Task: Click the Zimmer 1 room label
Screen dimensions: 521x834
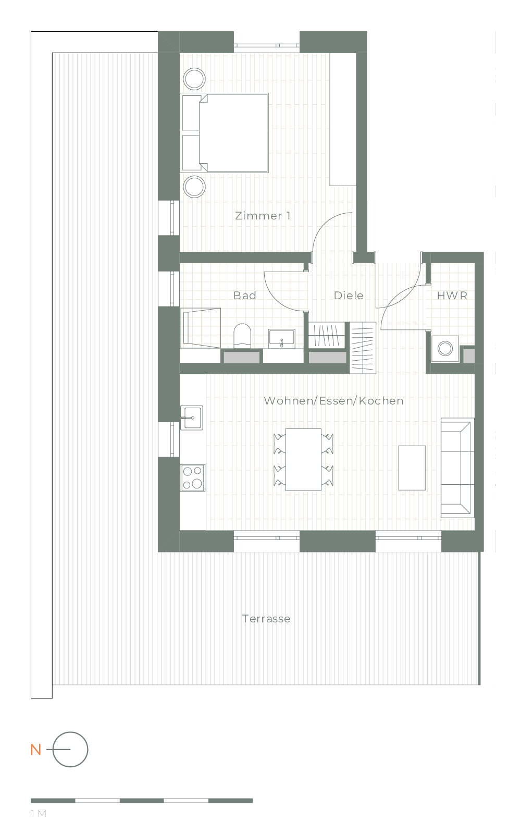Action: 263,216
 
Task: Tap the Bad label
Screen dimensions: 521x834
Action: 244,296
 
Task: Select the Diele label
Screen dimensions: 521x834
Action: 349,296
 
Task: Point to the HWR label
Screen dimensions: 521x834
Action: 452,296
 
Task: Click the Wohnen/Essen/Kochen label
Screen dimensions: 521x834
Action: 333,401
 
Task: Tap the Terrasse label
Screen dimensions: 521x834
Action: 266,619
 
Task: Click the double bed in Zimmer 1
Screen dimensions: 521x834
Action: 225,133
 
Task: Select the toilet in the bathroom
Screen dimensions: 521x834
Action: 242,336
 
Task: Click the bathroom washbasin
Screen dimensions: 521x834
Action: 282,338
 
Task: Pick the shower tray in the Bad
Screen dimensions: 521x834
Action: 201,328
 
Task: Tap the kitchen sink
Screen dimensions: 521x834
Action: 192,418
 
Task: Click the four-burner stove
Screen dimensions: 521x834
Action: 192,477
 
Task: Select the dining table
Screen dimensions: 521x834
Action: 303,460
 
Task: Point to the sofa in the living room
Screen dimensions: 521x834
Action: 457,468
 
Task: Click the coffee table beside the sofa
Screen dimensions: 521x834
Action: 412,468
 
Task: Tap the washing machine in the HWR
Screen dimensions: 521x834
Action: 445,349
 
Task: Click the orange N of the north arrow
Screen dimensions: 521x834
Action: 36,750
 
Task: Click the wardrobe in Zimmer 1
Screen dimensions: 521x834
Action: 343,119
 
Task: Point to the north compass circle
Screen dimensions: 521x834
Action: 70,750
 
